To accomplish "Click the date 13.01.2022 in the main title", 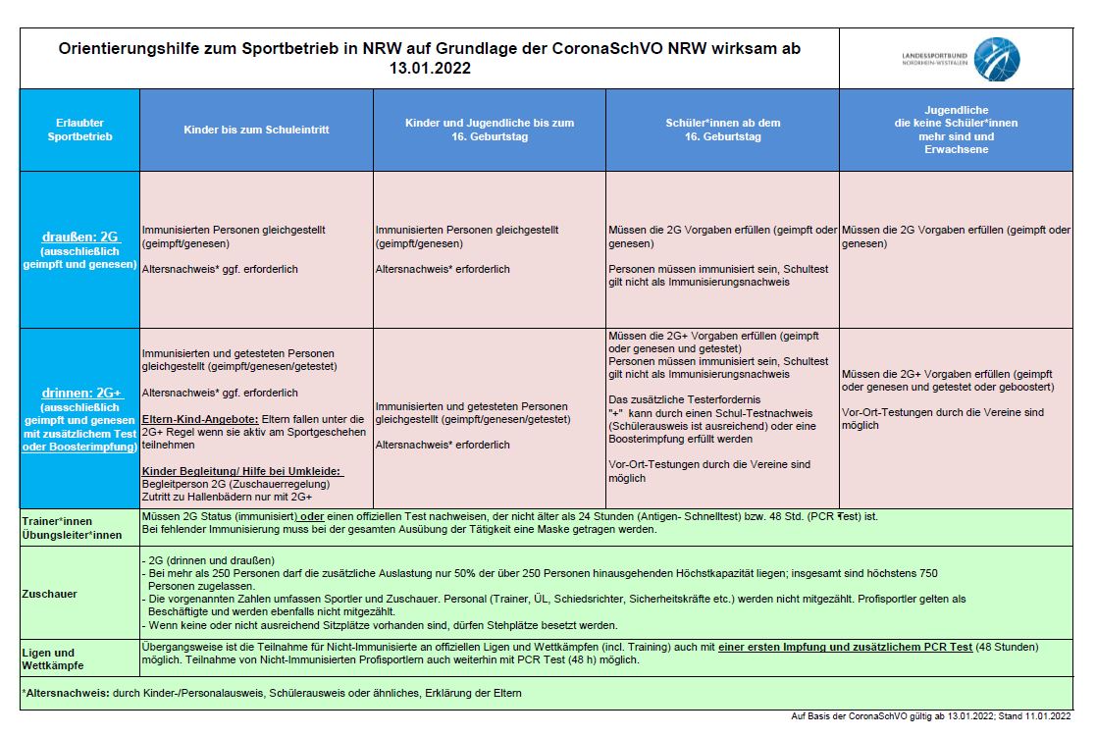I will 429,69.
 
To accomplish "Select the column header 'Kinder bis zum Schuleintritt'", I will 257,130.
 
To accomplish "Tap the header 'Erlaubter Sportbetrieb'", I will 79,130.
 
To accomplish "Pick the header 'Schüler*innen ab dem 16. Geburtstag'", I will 722,130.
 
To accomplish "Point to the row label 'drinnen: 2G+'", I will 80,393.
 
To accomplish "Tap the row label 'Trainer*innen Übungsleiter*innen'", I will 70,528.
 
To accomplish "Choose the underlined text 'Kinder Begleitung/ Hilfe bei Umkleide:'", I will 243,472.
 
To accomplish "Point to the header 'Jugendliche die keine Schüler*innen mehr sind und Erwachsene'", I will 956,130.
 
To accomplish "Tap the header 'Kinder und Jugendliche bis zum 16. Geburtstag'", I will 490,130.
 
